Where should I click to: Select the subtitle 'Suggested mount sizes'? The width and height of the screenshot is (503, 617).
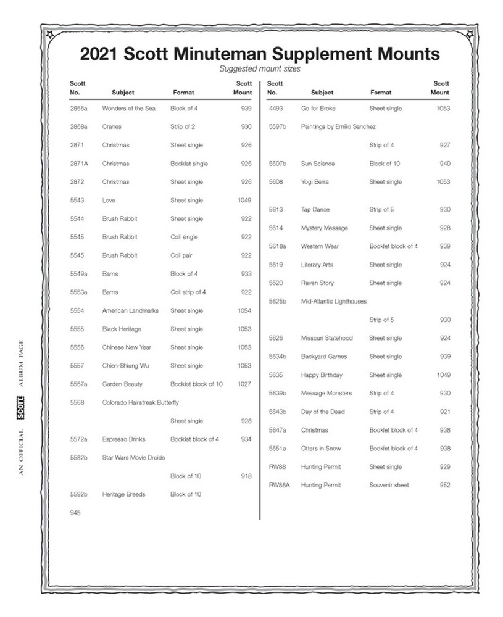260,69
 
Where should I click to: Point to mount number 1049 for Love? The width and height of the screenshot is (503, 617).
244,201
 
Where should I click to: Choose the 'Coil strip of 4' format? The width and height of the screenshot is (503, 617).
188,292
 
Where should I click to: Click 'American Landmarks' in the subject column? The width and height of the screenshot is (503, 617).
130,311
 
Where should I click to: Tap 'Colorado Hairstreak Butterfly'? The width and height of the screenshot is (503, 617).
140,403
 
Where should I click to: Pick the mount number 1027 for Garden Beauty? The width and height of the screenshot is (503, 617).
244,384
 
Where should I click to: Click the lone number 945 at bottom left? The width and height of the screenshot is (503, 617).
75,513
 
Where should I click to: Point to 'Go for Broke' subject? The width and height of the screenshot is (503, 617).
318,109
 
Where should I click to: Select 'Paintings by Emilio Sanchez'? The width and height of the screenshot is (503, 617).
338,127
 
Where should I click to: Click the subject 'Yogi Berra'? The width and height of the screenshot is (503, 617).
315,182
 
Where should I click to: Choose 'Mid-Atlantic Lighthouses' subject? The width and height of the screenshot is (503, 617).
333,302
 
